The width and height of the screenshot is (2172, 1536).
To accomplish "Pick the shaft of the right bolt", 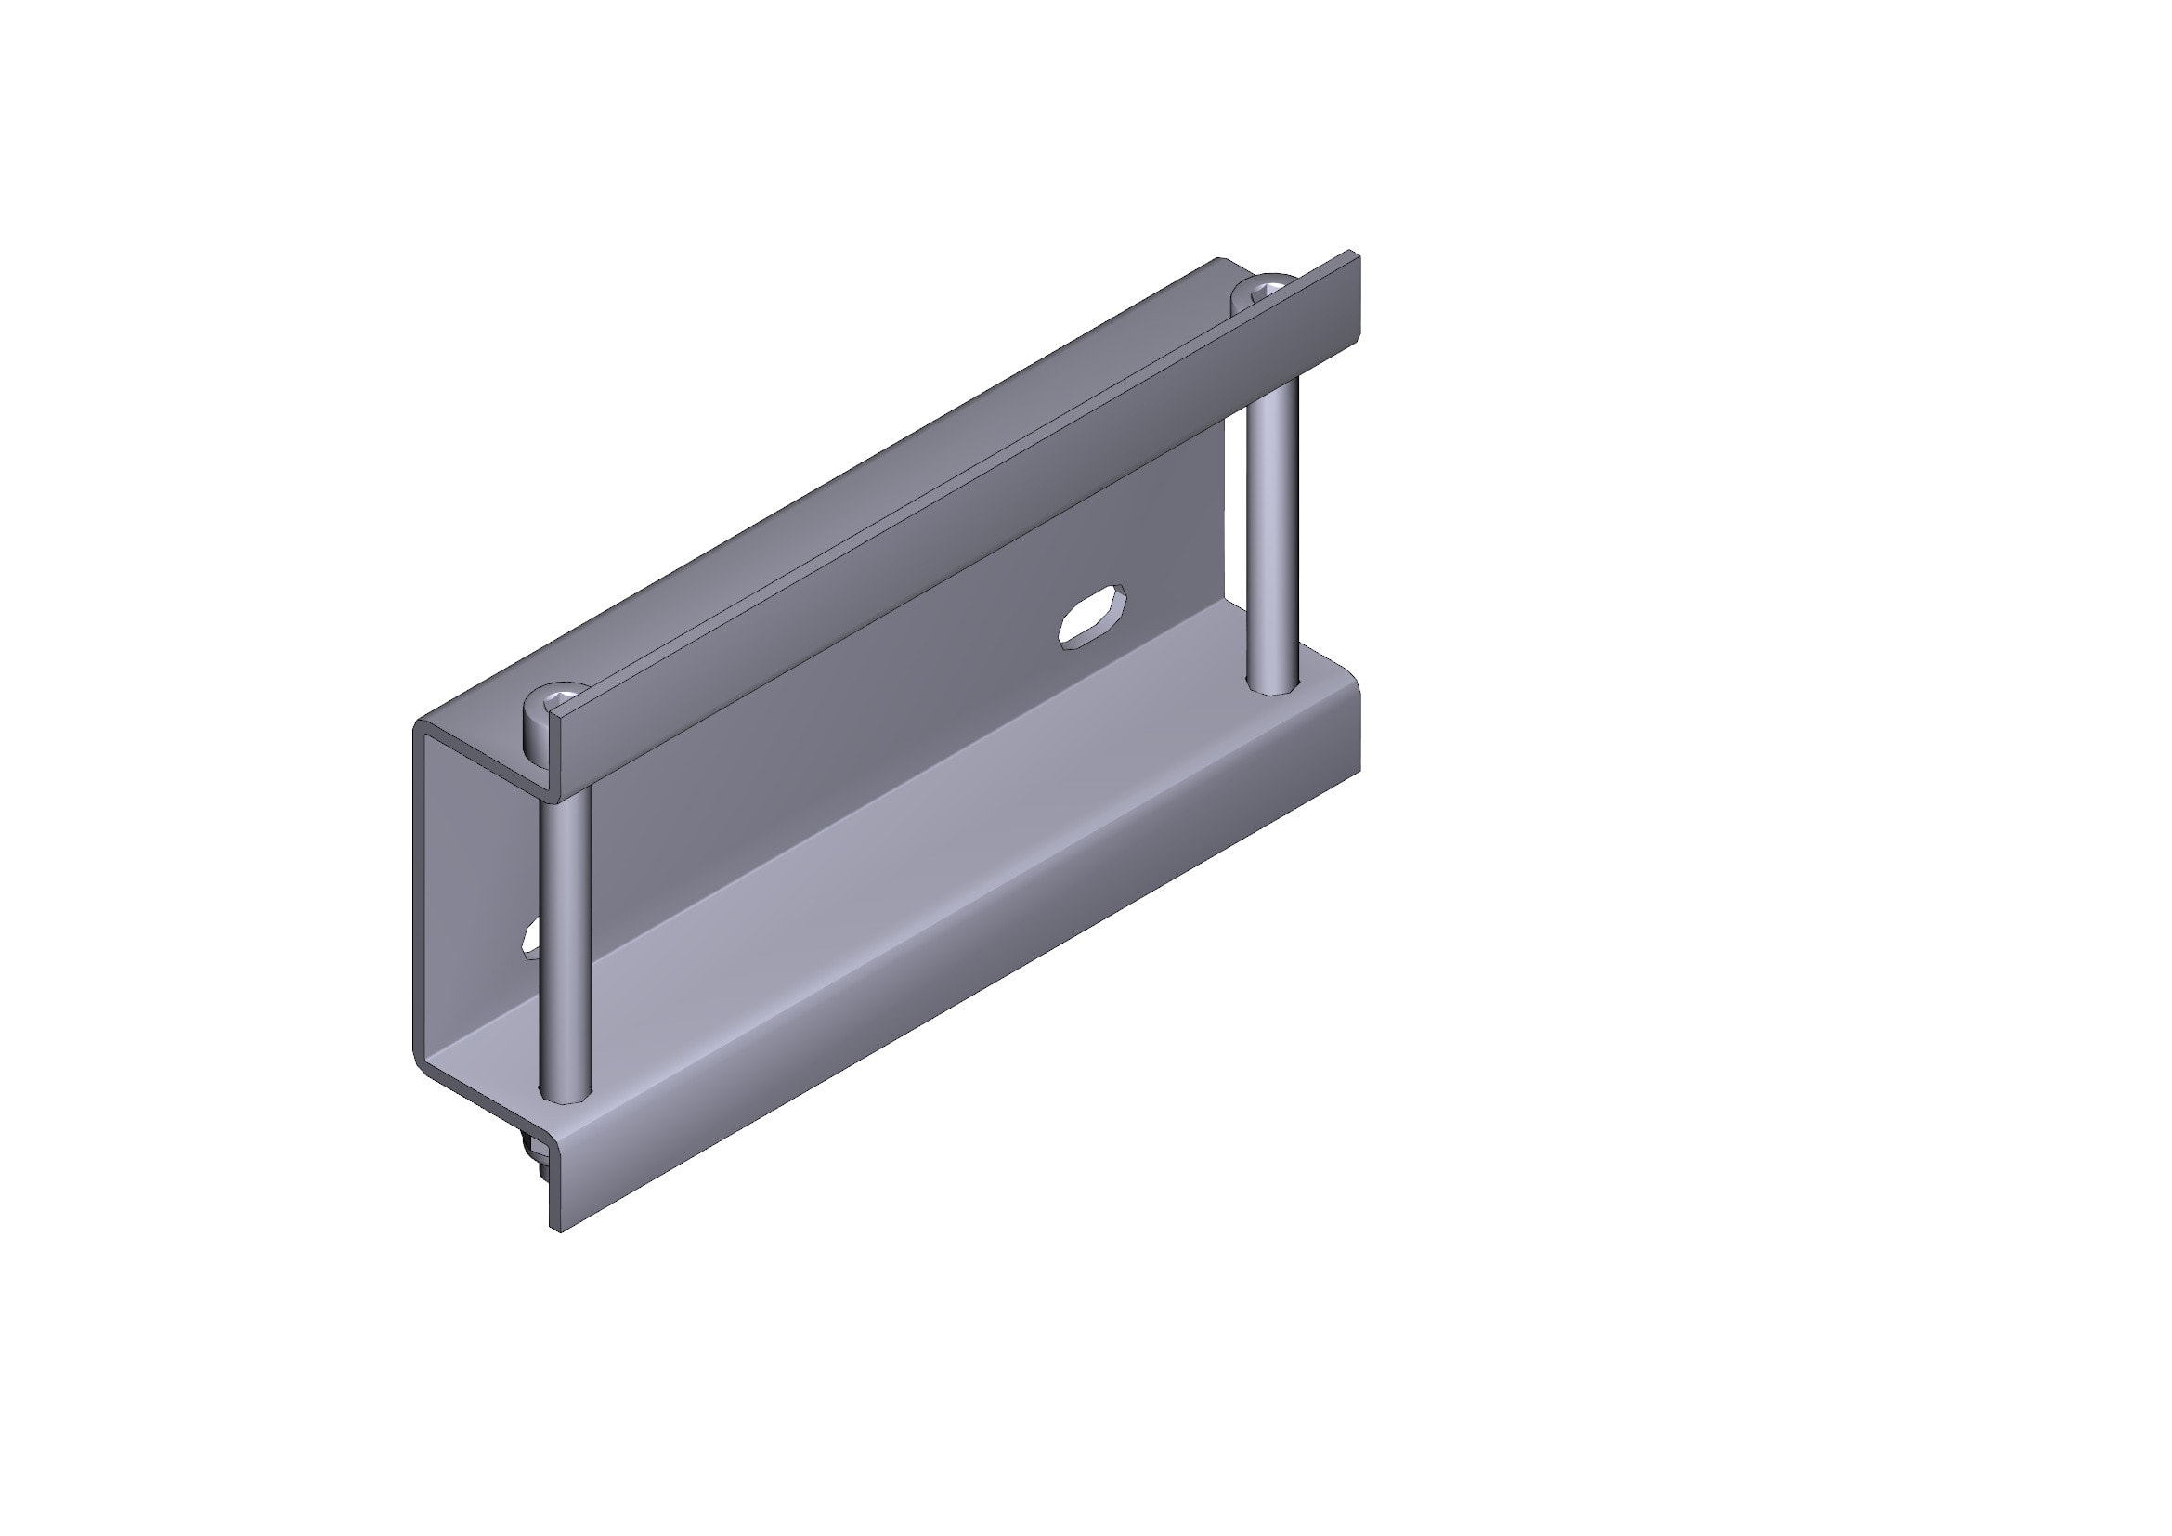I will (x=1273, y=529).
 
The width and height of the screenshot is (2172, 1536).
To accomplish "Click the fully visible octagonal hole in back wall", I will (x=1092, y=617).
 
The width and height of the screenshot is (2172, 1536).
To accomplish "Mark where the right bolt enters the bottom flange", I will (x=1273, y=686).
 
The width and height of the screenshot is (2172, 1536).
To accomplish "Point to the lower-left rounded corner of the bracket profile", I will (x=421, y=1060).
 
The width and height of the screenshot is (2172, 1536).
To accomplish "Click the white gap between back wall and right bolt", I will (x=1235, y=529).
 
